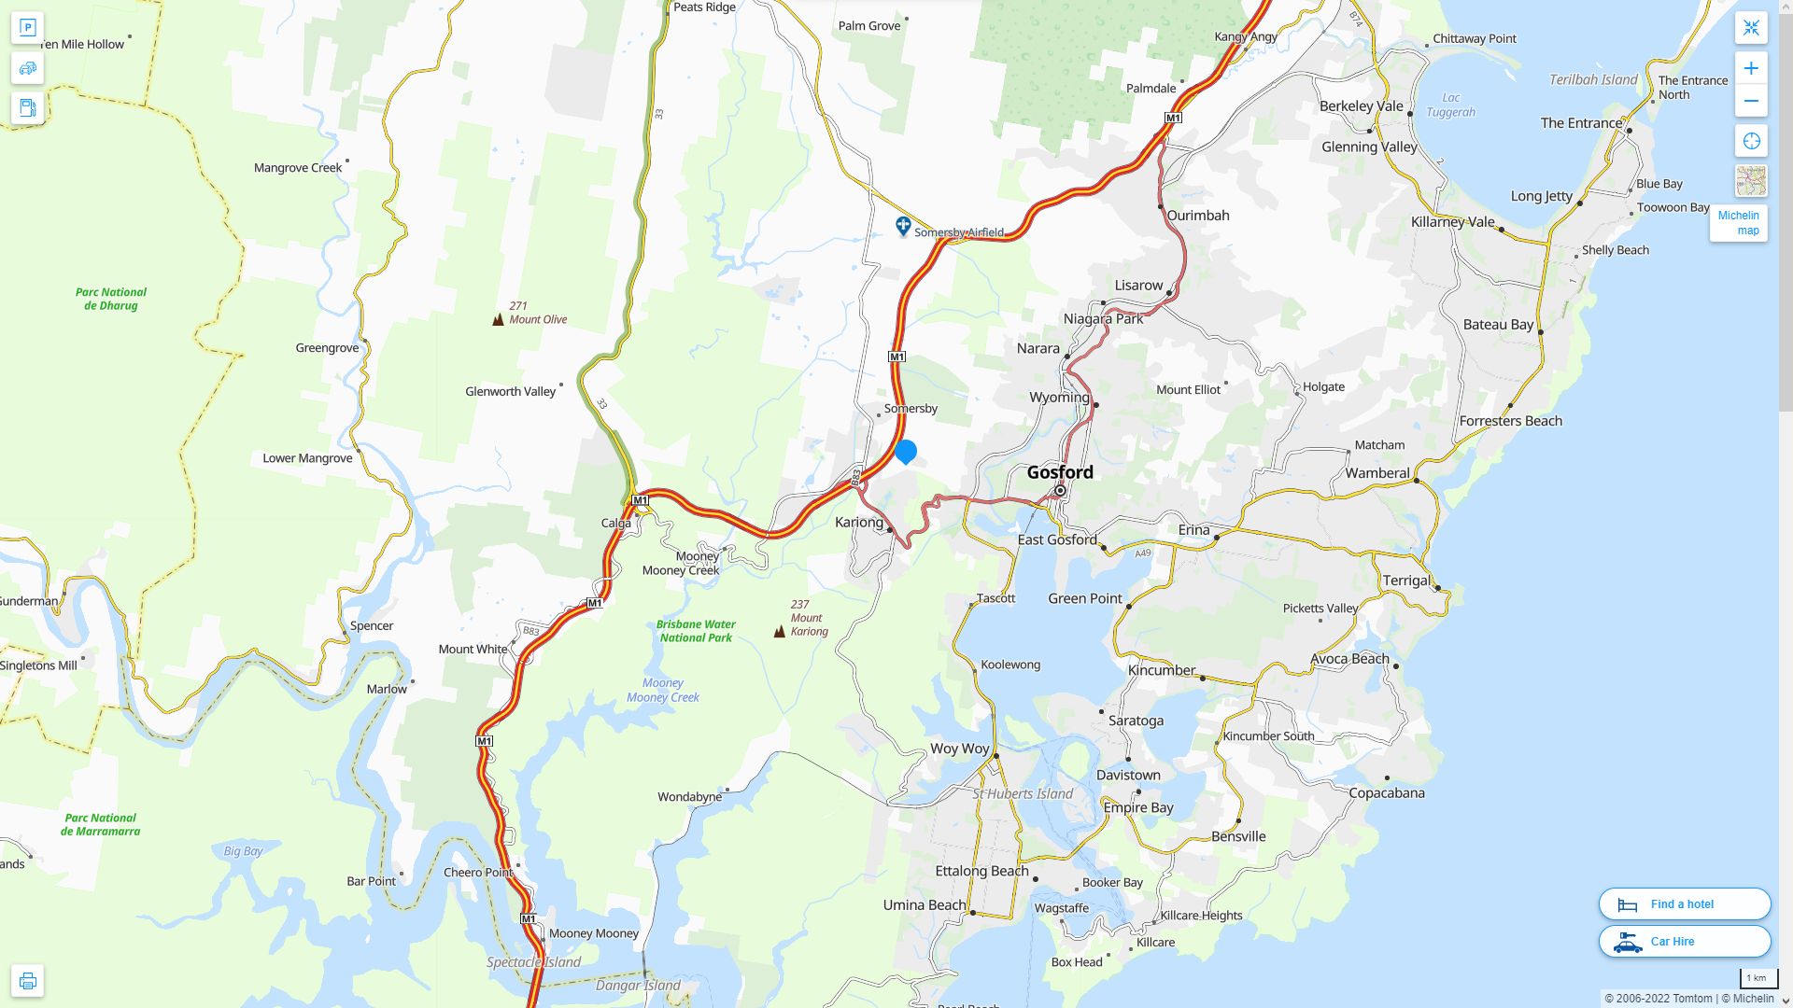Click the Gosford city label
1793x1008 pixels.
click(1060, 472)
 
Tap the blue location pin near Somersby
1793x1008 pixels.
click(905, 451)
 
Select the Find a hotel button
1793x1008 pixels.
click(1684, 903)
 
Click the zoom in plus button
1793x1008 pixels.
click(1751, 68)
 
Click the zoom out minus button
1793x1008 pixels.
click(1751, 101)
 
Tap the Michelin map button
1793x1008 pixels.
click(1738, 223)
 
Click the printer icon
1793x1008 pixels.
click(27, 980)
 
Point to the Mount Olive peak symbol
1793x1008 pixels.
click(498, 319)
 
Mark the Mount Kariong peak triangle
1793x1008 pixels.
click(779, 632)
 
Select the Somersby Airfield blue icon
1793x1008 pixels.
click(902, 226)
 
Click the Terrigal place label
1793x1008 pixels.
click(1406, 581)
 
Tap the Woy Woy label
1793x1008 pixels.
click(959, 749)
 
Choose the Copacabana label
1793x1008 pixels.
click(1386, 793)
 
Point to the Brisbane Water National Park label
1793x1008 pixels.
click(696, 631)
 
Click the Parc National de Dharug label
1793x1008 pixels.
click(111, 299)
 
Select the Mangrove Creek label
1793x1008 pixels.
click(298, 168)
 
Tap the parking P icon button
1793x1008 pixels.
click(27, 28)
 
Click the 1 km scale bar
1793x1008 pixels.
click(1758, 979)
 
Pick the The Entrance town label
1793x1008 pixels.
click(1581, 123)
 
